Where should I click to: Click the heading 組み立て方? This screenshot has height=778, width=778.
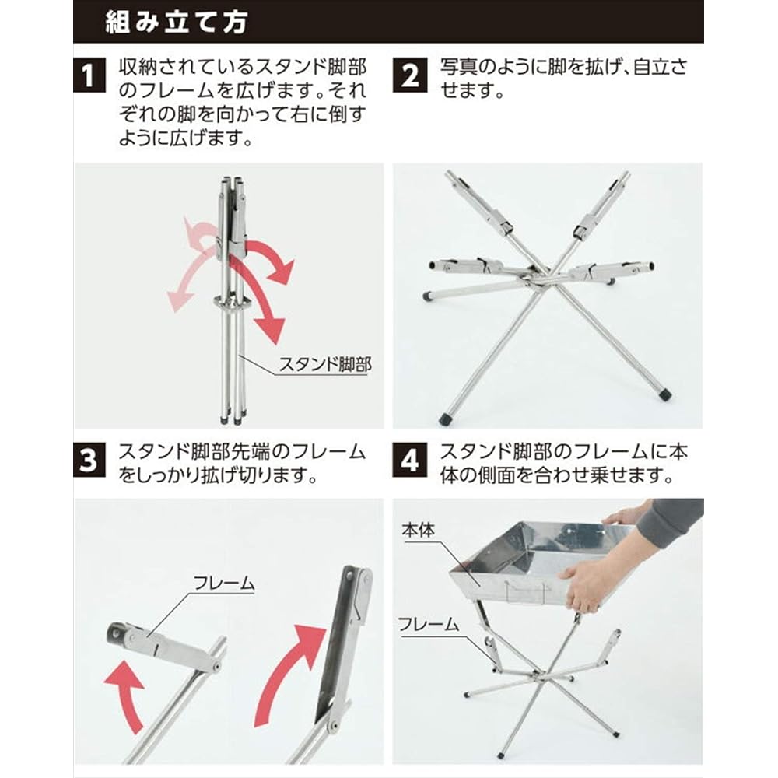click(177, 22)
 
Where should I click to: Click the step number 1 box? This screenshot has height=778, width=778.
click(90, 78)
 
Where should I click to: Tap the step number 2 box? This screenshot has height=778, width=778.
click(410, 78)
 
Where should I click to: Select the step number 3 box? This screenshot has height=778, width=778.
click(90, 461)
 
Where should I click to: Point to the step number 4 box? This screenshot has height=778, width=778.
click(410, 461)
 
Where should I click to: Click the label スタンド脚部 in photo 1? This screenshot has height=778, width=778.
click(324, 363)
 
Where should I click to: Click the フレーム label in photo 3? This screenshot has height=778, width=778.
click(224, 582)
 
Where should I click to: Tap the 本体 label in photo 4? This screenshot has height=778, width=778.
click(418, 531)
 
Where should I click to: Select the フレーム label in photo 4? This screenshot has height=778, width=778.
click(429, 622)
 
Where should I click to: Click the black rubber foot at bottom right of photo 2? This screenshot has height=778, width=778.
click(664, 394)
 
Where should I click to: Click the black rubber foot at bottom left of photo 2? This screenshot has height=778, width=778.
click(447, 418)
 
